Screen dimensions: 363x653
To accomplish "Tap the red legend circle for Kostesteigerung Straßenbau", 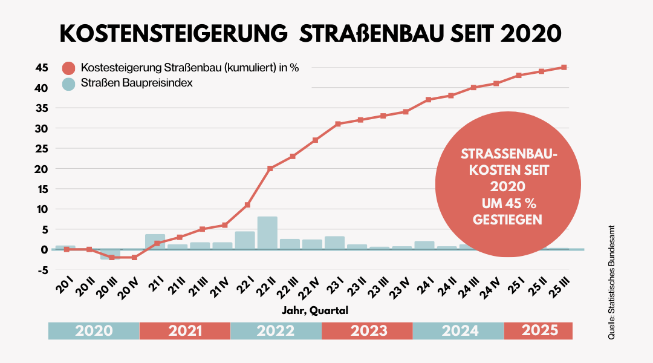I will (70, 68).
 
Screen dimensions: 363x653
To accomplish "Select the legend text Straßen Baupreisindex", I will (137, 83).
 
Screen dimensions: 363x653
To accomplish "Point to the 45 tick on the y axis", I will (41, 68).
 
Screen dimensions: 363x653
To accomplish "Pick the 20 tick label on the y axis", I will (41, 169).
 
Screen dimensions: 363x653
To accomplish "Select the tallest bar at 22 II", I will (267, 233).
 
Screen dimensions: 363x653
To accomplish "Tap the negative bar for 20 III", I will (111, 254).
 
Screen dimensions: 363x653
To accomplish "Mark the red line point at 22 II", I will (270, 168).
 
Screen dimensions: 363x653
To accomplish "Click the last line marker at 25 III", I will (564, 67).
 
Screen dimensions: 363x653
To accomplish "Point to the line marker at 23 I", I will (338, 124).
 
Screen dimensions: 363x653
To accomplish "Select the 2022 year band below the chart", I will (276, 331).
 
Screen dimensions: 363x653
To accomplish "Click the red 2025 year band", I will (539, 331).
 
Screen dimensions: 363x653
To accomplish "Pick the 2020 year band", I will (94, 331).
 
